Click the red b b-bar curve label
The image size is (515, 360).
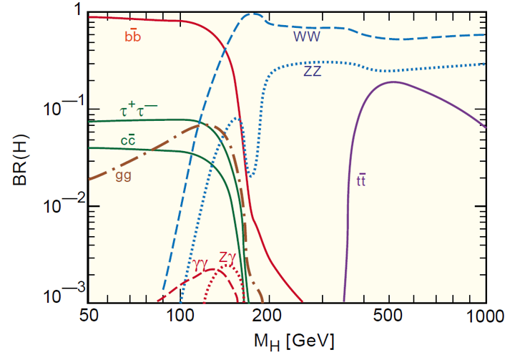click(x=133, y=37)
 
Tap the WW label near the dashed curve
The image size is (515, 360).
click(x=308, y=34)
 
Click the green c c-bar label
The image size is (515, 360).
click(x=128, y=140)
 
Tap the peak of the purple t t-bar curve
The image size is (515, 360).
click(x=393, y=82)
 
